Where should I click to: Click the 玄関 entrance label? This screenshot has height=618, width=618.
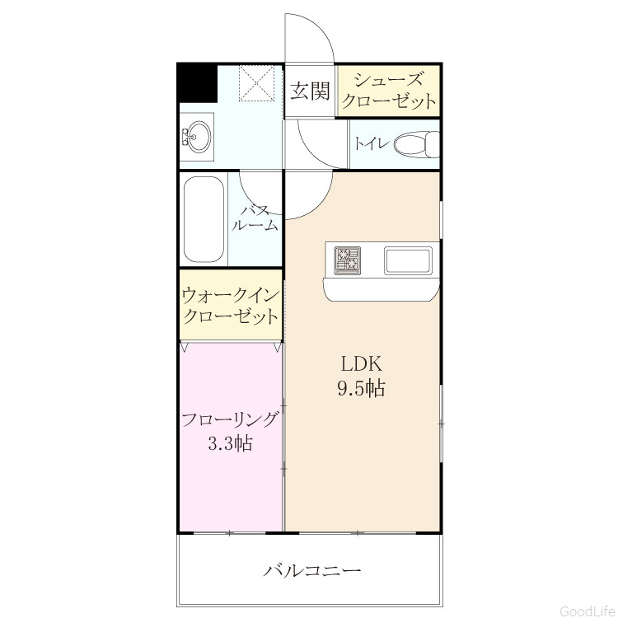(310, 91)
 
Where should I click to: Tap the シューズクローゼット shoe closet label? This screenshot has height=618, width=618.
(389, 91)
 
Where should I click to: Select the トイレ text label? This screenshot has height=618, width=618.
(372, 143)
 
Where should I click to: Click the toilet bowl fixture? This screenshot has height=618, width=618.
(417, 144)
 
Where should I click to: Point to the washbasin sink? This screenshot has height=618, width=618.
(197, 137)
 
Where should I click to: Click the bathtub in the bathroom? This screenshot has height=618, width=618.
(204, 219)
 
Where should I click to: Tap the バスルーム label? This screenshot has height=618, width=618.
(255, 218)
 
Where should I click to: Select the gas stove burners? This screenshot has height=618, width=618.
(348, 260)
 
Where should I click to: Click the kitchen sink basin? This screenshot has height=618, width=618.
(408, 260)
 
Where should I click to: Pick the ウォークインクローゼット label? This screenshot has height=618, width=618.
(231, 306)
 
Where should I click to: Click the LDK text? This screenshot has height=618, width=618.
(362, 363)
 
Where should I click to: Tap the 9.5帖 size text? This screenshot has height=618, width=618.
(361, 388)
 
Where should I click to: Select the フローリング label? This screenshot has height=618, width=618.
(230, 419)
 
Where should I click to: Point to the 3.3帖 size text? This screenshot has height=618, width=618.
(230, 444)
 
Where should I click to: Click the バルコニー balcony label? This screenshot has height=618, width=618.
(311, 570)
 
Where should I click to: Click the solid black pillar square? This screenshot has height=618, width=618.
(198, 83)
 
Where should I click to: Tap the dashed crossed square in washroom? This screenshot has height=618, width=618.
(256, 83)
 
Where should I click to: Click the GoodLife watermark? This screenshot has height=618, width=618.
(588, 611)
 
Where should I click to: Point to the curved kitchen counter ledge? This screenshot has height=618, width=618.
(382, 289)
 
